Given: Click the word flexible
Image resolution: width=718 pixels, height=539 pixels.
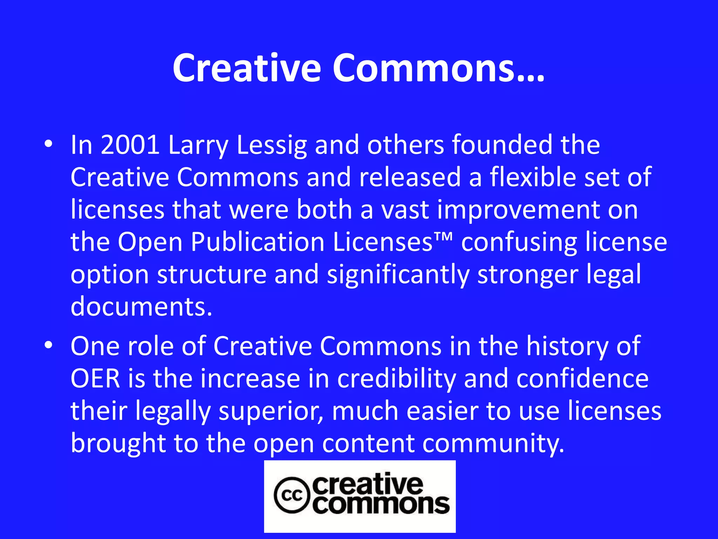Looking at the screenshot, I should [533, 177].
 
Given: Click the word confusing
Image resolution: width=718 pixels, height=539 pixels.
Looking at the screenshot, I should [519, 242].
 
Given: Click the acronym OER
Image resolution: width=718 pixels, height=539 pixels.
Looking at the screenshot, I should [95, 379].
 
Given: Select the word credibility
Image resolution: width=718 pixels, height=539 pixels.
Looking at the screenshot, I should [397, 379].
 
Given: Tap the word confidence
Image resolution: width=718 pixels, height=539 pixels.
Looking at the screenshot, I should [582, 379].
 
